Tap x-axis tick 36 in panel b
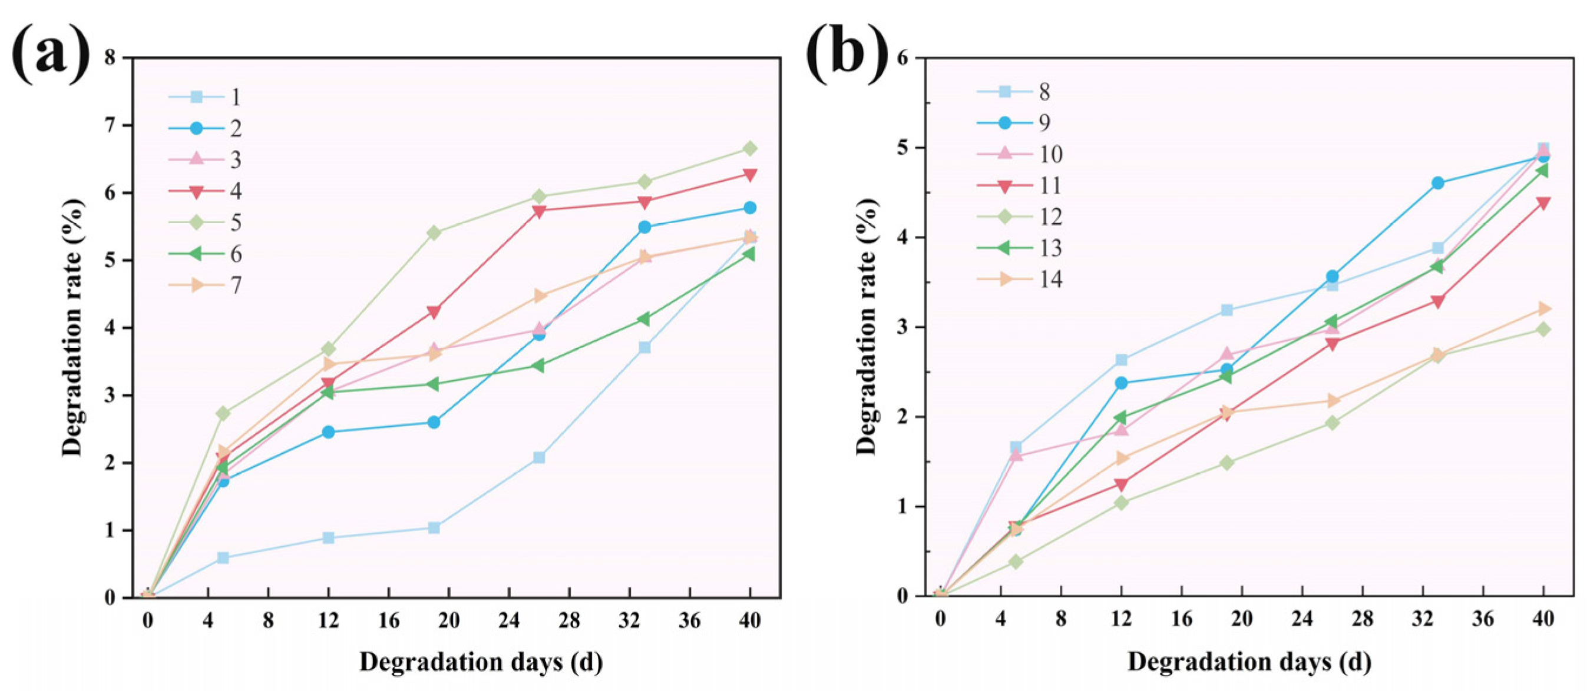pyautogui.click(x=1483, y=619)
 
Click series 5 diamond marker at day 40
pyautogui.click(x=750, y=149)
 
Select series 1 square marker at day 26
pyautogui.click(x=539, y=458)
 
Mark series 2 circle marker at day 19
pyautogui.click(x=434, y=423)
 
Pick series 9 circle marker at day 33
pyautogui.click(x=1437, y=183)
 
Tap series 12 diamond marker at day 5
pyautogui.click(x=1016, y=562)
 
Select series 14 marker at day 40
pyautogui.click(x=1543, y=308)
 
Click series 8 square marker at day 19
pyautogui.click(x=1227, y=310)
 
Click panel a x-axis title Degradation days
pyautogui.click(x=481, y=662)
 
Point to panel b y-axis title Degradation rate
pyautogui.click(x=867, y=327)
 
